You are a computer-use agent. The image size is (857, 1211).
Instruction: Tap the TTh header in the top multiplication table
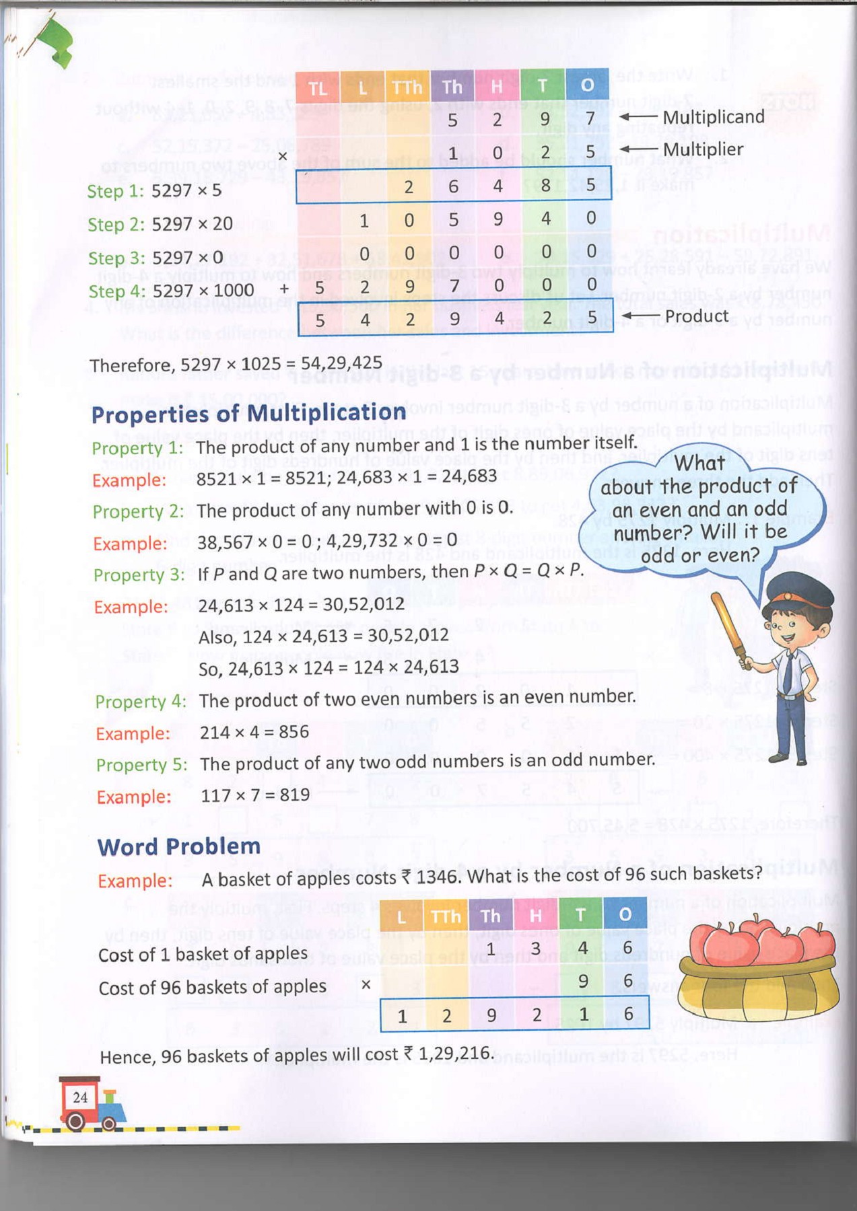[x=407, y=87]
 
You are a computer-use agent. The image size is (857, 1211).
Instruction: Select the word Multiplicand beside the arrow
[x=714, y=117]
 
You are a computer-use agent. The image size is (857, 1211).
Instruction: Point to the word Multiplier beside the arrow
[x=703, y=149]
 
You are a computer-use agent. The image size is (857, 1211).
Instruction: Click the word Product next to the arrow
[x=696, y=316]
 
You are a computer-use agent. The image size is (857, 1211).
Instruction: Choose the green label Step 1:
[x=115, y=191]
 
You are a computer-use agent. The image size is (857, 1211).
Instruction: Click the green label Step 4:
[x=116, y=291]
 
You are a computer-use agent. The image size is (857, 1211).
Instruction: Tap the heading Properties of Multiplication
[x=248, y=412]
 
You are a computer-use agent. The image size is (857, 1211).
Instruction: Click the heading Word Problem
[x=178, y=846]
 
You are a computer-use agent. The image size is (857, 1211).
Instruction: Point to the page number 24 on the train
[x=80, y=1097]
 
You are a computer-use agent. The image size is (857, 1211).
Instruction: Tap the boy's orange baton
[x=729, y=629]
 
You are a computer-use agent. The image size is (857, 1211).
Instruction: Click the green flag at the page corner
[x=57, y=42]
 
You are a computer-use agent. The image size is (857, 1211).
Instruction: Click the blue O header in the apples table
[x=625, y=914]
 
